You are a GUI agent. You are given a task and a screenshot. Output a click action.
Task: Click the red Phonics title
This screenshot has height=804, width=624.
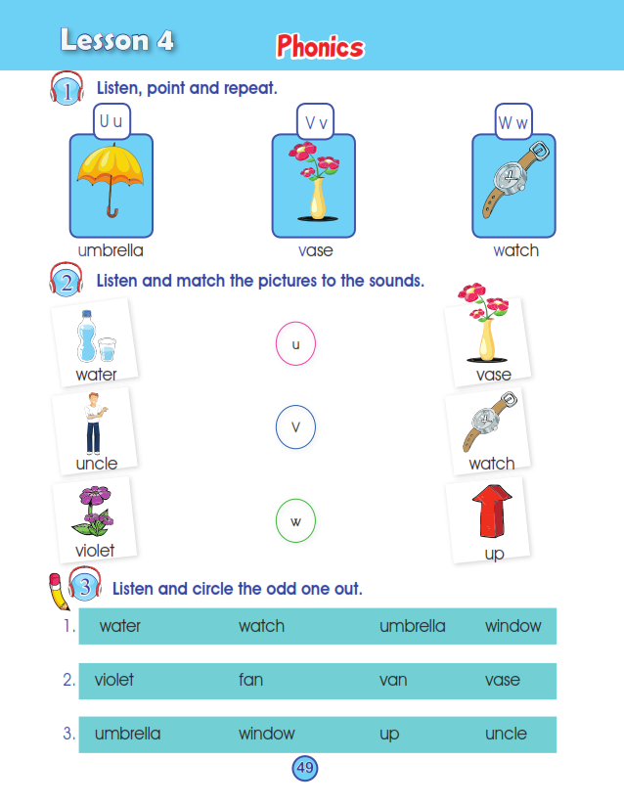pos(321,47)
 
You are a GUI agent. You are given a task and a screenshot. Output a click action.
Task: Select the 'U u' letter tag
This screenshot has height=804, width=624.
pos(111,121)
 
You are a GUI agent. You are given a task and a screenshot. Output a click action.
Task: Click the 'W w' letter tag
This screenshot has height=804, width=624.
pos(513,122)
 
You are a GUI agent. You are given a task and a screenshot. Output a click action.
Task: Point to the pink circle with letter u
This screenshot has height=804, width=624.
pos(295,343)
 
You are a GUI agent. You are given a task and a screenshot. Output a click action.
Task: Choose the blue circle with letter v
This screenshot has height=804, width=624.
pos(295,427)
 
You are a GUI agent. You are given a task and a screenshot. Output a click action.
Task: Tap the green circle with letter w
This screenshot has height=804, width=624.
pos(295,521)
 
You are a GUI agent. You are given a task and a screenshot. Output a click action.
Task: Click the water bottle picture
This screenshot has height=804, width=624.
pos(96,336)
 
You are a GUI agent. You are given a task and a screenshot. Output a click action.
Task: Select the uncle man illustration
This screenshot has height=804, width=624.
pos(94,424)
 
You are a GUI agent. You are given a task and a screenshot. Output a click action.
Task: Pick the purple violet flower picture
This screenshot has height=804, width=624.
pos(94,512)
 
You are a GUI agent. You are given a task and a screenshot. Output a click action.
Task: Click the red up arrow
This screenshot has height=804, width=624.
pos(492,512)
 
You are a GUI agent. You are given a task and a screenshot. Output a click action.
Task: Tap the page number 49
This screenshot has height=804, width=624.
pos(305,768)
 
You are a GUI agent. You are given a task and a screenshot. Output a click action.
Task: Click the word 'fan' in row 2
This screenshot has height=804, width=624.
pos(250,680)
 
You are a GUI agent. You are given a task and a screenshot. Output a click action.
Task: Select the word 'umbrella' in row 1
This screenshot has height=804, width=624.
pos(412,626)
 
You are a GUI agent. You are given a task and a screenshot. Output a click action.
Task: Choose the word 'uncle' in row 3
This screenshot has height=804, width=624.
pos(506,734)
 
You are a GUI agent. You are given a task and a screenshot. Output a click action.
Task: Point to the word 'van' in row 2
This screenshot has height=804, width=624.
pos(393,681)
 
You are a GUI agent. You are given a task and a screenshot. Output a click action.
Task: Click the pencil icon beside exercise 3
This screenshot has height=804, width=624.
pos(59,592)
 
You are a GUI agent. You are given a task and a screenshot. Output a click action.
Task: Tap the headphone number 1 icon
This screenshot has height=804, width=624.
pos(67,89)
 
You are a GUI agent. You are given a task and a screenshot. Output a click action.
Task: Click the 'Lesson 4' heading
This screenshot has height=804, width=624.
pos(117,40)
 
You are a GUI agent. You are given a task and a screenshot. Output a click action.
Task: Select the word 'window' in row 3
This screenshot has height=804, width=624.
pos(267,734)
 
